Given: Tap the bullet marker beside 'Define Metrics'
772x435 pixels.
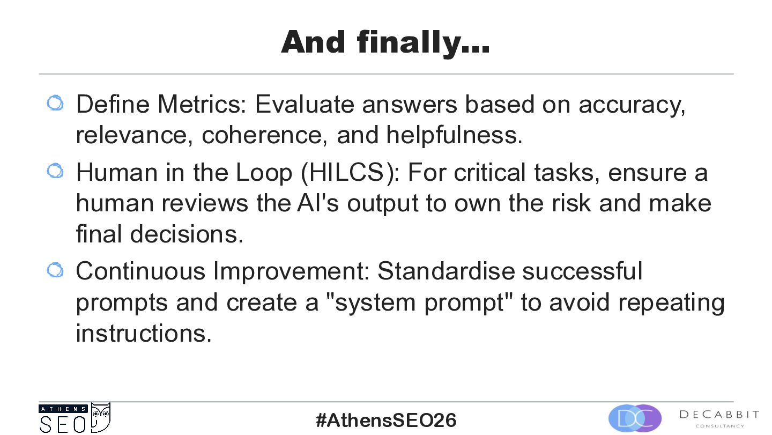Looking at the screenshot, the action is click(x=55, y=103).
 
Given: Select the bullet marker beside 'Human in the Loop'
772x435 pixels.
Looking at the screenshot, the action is click(x=55, y=171).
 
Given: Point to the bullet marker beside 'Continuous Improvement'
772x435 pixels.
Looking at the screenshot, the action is click(x=55, y=270).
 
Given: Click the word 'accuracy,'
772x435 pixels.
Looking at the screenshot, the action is click(x=632, y=106).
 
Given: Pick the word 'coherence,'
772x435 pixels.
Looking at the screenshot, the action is click(x=264, y=135).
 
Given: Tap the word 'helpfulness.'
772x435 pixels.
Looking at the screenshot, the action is click(x=454, y=135).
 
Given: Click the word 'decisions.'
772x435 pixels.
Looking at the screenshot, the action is click(x=187, y=234).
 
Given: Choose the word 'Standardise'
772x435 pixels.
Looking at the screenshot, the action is click(x=446, y=271).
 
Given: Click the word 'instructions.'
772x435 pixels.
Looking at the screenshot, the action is click(x=144, y=333).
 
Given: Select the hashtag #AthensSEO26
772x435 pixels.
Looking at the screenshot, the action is click(x=386, y=420).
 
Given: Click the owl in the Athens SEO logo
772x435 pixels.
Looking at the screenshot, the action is click(x=101, y=417).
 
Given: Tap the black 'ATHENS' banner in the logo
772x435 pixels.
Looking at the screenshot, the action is click(x=63, y=409).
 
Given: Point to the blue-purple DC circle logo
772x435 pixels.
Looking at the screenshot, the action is click(x=635, y=418).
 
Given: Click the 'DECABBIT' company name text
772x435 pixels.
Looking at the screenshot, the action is click(x=719, y=414).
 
